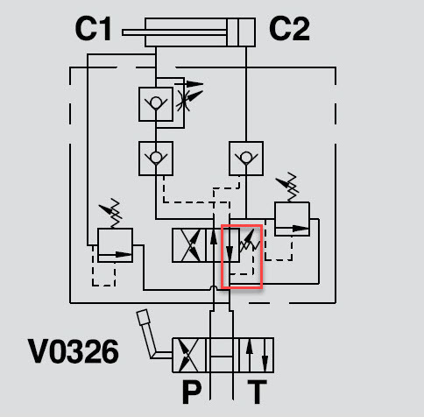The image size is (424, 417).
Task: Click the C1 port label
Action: pyautogui.click(x=93, y=29)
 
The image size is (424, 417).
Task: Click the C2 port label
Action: pyautogui.click(x=289, y=29)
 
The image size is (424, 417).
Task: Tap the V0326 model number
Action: pyautogui.click(x=74, y=351)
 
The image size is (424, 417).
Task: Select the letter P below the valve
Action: pyautogui.click(x=192, y=392)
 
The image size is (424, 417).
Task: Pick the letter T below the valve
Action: pyautogui.click(x=257, y=392)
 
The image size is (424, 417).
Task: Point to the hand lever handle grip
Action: pyautogui.click(x=143, y=317)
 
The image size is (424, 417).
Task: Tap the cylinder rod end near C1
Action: pyautogui.click(x=124, y=32)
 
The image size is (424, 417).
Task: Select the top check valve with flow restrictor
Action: pyautogui.click(x=156, y=104)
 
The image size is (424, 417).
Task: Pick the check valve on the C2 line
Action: pyautogui.click(x=246, y=159)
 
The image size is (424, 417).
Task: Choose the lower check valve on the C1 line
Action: pyautogui.click(x=156, y=159)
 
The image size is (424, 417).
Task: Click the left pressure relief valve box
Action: pyautogui.click(x=115, y=245)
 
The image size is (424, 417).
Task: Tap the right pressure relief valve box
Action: pyautogui.click(x=292, y=219)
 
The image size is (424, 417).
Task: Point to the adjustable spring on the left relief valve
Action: pyautogui.click(x=112, y=213)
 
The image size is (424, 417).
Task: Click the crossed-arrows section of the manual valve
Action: pyautogui.click(x=189, y=355)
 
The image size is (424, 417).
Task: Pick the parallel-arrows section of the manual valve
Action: pyautogui.click(x=257, y=355)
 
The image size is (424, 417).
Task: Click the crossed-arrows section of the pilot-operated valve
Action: pyautogui.click(x=189, y=245)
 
